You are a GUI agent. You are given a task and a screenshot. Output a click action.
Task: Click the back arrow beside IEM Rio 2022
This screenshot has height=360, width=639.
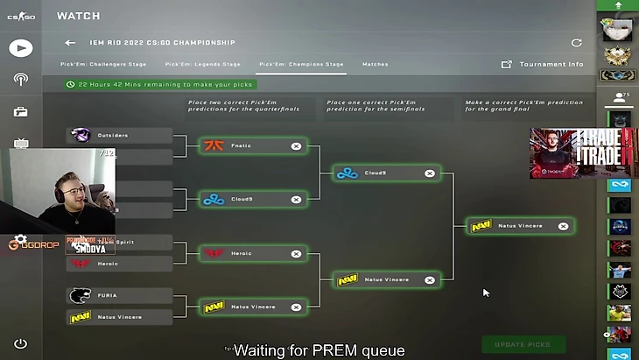point(70,42)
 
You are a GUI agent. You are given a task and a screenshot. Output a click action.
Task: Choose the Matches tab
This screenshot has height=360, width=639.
point(375,64)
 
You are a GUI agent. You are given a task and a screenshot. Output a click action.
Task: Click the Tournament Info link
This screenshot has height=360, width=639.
point(551,64)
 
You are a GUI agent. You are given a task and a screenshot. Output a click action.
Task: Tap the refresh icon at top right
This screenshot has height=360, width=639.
point(576,42)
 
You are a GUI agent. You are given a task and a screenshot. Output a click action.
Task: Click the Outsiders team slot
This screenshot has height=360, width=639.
point(121,135)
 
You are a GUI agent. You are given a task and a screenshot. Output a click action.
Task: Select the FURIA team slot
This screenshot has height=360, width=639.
point(121,295)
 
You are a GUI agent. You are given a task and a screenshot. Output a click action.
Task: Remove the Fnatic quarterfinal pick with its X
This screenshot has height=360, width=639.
point(296,146)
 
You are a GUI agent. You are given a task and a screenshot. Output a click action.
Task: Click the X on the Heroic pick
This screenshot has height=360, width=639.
point(296,254)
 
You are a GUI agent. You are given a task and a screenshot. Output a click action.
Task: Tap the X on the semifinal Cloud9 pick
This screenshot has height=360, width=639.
point(430,173)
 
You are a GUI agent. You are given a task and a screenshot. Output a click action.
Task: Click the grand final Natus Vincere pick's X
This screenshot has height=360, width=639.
point(563,226)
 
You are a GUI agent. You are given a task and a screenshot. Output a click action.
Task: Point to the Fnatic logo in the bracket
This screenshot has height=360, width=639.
point(214,146)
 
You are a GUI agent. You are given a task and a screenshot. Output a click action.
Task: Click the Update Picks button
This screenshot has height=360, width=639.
point(523,344)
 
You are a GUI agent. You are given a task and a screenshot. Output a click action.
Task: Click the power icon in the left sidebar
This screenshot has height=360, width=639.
point(20,344)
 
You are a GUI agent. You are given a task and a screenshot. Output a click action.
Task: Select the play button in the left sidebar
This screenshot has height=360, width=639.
point(20,48)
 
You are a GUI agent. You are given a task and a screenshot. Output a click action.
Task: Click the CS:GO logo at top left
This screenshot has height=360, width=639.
point(20,16)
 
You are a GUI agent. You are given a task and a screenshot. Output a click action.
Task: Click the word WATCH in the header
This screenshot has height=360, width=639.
point(78,16)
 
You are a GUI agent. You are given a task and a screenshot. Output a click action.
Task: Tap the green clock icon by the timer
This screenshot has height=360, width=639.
point(70,84)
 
